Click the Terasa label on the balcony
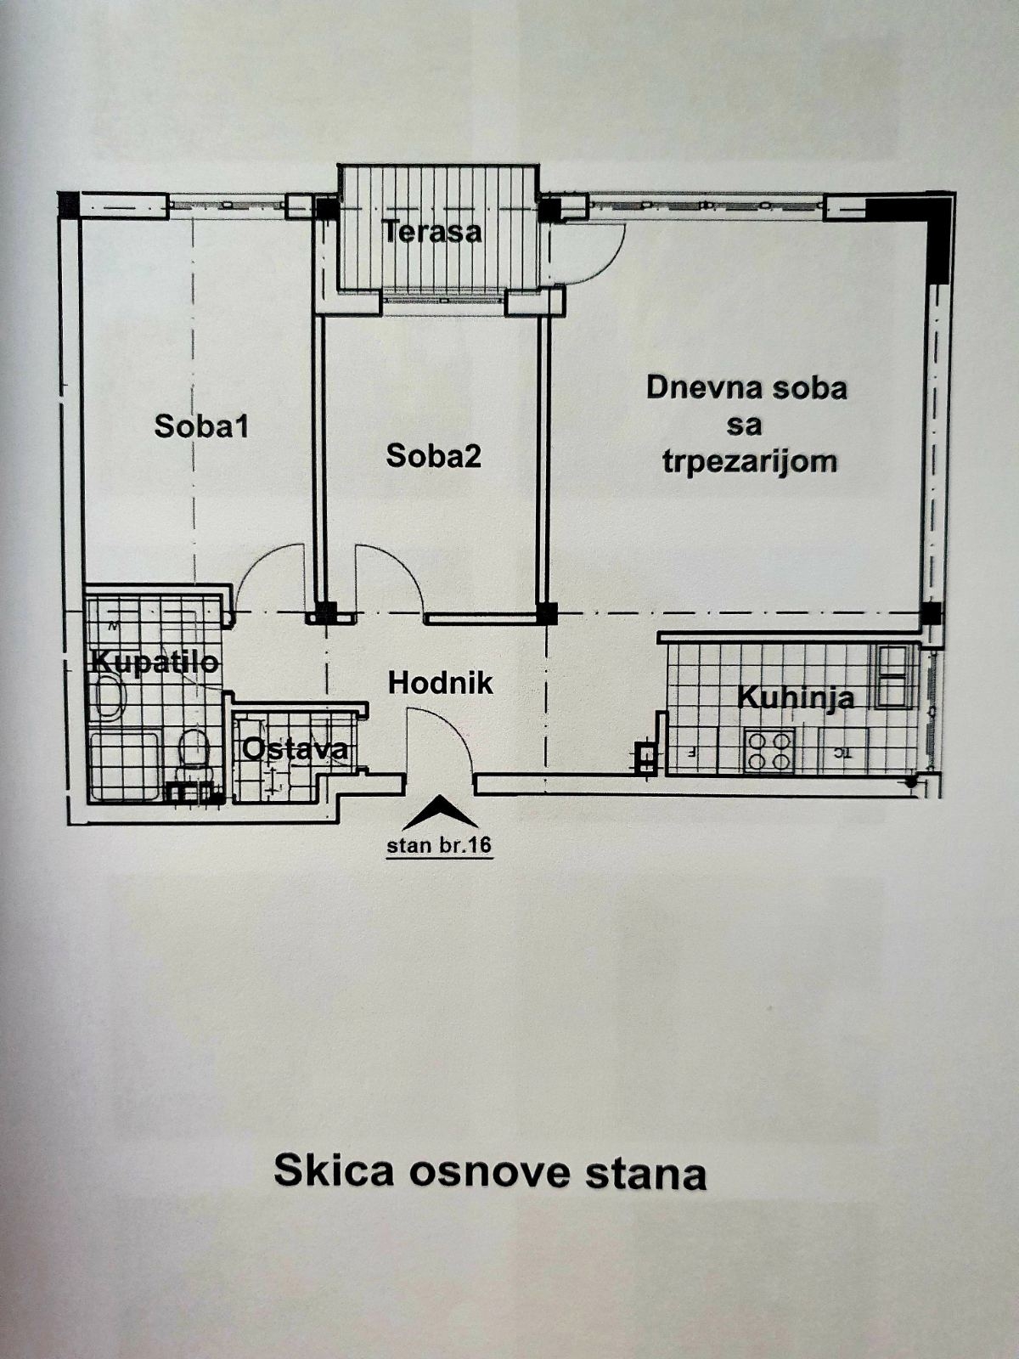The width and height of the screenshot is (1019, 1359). click(431, 231)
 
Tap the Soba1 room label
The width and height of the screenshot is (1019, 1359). click(201, 426)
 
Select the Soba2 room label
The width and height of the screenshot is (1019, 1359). click(433, 456)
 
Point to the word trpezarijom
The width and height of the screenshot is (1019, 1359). click(750, 461)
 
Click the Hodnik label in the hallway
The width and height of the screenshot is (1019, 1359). click(440, 683)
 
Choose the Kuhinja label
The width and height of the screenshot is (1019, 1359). click(795, 698)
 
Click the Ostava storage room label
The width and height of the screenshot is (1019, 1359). click(295, 749)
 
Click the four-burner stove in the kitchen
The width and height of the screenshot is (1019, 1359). click(768, 751)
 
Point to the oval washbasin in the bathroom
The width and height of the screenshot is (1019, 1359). click(108, 698)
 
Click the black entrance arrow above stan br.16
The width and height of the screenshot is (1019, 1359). click(439, 814)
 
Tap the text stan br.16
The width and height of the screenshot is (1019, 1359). click(439, 846)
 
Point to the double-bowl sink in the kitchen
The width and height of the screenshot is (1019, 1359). click(893, 677)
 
